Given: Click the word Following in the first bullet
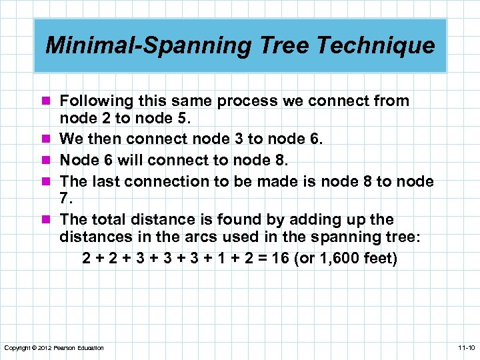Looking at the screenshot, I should [95, 101].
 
